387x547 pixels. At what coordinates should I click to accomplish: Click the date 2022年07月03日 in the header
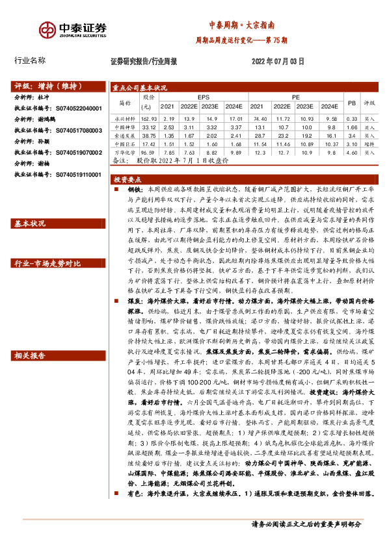(277, 61)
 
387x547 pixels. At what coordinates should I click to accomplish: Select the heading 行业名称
(30, 60)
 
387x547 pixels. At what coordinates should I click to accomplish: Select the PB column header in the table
(352, 103)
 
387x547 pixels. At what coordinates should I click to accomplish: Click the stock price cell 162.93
(150, 119)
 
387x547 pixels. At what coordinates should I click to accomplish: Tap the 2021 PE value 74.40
(260, 119)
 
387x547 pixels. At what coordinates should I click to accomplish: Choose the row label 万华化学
(124, 151)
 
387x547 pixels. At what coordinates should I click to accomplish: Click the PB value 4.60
(352, 151)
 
